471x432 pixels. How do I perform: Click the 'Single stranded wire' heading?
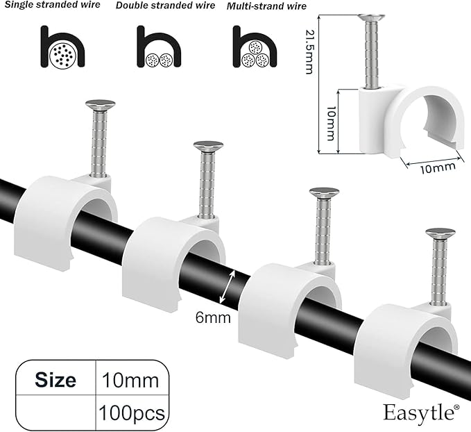pos(52,4)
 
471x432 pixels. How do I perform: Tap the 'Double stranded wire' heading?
pos(165,6)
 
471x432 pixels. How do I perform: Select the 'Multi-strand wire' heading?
pos(266,6)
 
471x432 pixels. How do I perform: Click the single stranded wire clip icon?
pos(62,47)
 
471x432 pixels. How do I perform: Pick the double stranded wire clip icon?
pos(159,47)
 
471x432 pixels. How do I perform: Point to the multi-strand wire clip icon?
pos(255,47)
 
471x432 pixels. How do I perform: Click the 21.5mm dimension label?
pos(309,51)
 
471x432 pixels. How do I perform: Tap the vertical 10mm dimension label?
pos(331,123)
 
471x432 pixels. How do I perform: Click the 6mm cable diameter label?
pos(213,317)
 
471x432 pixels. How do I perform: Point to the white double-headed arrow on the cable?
pos(227,287)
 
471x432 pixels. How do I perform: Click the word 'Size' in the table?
pos(55,380)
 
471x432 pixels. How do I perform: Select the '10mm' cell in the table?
pos(130,381)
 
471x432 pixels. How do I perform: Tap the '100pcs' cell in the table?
pos(132,413)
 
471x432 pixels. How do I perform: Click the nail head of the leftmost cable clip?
pos(101,104)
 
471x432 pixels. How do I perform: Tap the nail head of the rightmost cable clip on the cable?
pos(440,233)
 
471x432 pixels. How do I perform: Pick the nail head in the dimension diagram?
pos(372,17)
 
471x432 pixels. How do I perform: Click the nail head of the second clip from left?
pos(208,146)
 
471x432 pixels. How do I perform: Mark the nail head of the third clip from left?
pos(324,192)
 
